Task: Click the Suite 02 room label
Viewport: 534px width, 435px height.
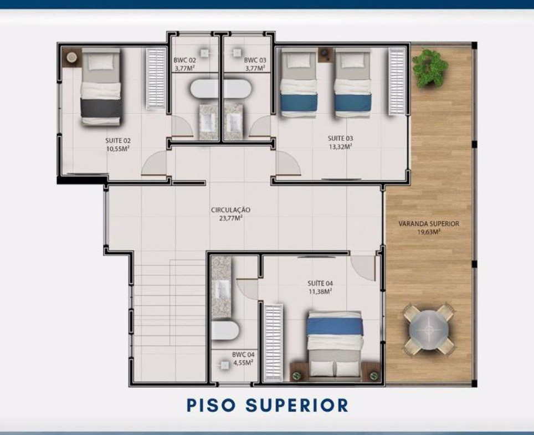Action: click(x=118, y=140)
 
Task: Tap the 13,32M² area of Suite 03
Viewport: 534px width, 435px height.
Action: click(x=340, y=146)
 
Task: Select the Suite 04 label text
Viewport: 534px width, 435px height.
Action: click(x=320, y=283)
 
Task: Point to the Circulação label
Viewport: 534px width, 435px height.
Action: click(x=230, y=210)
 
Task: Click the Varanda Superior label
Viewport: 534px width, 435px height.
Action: click(x=429, y=224)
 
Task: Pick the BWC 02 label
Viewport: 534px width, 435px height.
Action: click(x=185, y=60)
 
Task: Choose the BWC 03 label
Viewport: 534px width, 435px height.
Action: click(x=255, y=60)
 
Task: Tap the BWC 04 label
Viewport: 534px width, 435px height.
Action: click(x=243, y=355)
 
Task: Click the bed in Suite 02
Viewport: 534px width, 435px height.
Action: click(x=101, y=86)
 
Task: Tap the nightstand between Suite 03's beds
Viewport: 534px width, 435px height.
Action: click(x=326, y=54)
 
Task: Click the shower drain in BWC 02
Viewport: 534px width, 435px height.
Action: click(x=204, y=53)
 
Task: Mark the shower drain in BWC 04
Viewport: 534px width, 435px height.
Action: click(x=225, y=365)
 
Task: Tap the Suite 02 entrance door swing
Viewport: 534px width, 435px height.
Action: click(x=154, y=163)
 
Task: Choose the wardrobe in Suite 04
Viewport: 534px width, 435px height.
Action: click(x=274, y=342)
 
